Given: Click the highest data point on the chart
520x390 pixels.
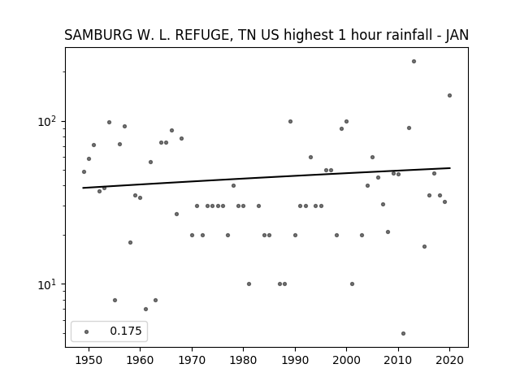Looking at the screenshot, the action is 414,62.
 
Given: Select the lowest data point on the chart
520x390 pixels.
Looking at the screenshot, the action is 403,334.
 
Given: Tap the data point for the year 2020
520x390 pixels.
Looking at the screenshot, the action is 449,96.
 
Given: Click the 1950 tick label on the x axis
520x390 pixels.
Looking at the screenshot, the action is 89,360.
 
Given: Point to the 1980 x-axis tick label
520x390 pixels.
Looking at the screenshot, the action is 243,360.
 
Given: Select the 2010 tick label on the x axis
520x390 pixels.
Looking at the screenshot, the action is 398,360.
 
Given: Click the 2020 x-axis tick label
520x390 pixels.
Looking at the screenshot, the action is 449,360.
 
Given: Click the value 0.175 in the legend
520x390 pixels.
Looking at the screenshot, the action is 126,331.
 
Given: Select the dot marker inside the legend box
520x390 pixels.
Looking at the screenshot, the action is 87,331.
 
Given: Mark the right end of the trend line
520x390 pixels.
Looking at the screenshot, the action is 450,168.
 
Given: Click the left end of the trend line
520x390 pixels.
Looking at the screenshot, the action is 83,188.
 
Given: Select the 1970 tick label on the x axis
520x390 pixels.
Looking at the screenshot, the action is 192,360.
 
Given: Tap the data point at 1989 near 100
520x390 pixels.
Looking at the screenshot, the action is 290,121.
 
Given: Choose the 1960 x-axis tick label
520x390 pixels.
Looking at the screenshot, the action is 140,360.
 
